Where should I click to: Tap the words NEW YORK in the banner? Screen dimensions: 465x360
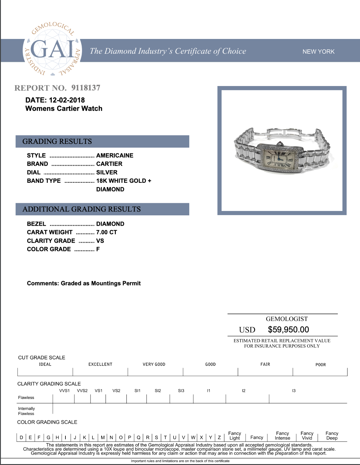[318, 51]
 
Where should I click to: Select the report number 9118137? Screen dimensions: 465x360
[86, 88]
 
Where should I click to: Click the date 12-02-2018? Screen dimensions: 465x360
[67, 100]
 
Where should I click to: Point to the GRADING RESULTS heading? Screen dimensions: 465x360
[57, 142]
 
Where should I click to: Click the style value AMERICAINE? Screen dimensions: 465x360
[115, 155]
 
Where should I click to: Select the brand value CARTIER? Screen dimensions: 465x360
[109, 164]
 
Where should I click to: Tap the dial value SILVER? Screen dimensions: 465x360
[107, 172]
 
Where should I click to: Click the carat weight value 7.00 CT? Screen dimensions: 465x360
[106, 232]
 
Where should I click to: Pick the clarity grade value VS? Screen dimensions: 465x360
[100, 241]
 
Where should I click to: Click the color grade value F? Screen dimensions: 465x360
[98, 249]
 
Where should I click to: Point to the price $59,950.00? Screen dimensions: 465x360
[288, 330]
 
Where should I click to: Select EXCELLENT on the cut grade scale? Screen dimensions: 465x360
[100, 364]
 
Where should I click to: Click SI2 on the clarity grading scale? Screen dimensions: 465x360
[158, 391]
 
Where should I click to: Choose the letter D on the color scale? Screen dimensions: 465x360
[21, 437]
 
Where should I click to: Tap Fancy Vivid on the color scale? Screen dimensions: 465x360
[307, 436]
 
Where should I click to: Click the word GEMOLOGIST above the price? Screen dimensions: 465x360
[287, 319]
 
